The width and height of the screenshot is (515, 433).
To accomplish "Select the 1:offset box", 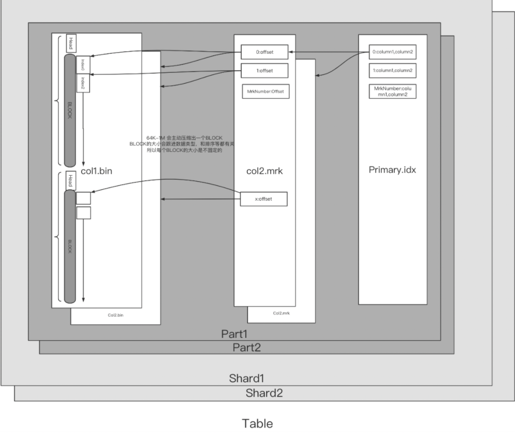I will [264, 70].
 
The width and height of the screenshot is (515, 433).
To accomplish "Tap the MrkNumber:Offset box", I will [266, 91].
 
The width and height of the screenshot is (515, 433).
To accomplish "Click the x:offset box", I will [264, 199].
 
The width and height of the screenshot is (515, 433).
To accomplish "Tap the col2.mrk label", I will [265, 171].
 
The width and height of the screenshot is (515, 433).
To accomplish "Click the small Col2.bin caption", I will [115, 315].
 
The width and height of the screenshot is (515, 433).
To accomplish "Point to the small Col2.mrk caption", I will [280, 313].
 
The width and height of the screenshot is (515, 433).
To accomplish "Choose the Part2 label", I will [246, 348].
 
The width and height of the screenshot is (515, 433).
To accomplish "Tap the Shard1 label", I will [247, 378].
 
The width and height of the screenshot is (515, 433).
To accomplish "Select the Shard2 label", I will [264, 393].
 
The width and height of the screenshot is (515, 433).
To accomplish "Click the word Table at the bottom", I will [257, 423].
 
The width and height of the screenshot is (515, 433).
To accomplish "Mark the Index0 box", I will [83, 64].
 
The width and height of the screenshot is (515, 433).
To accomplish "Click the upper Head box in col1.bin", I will [70, 42].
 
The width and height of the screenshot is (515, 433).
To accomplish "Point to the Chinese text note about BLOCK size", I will [181, 144].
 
